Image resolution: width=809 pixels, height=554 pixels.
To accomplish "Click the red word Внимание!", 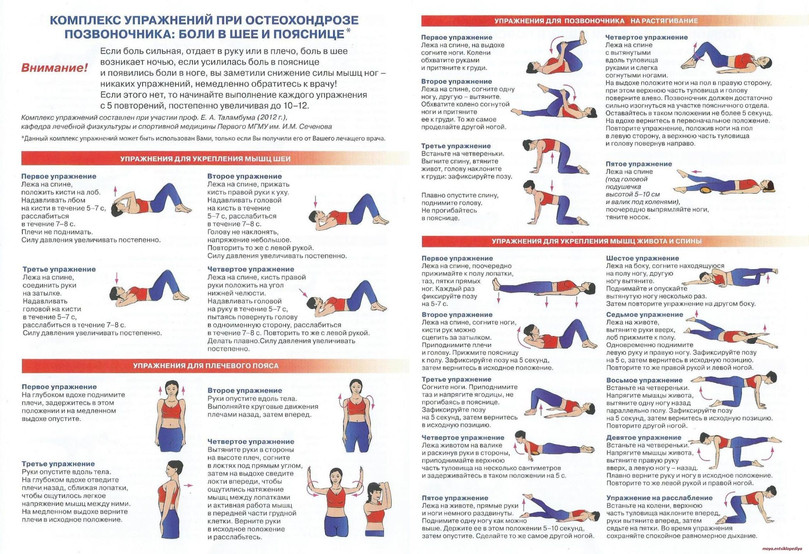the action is (54, 68).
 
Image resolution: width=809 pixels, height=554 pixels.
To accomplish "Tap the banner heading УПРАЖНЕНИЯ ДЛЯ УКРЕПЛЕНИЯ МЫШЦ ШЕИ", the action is (205, 159).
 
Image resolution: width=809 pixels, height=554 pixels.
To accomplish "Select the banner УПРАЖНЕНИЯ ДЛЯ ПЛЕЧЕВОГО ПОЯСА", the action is (206, 366).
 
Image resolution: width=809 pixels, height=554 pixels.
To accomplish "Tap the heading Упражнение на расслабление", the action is (659, 498).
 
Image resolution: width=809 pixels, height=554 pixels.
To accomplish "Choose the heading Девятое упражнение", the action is (644, 437).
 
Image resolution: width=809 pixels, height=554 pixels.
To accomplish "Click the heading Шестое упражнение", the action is (642, 258).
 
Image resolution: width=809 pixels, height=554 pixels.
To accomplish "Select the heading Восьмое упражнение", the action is (644, 380).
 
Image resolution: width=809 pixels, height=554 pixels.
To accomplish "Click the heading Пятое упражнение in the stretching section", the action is (639, 164).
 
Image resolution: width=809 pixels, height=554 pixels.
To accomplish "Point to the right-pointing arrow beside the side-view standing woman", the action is (188, 485).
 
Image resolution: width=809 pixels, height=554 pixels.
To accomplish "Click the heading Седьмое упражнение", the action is (644, 315).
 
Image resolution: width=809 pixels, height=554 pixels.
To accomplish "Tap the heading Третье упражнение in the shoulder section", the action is (58, 464).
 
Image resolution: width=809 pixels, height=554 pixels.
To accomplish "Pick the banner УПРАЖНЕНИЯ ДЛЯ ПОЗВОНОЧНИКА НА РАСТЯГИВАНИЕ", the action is (596, 21).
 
